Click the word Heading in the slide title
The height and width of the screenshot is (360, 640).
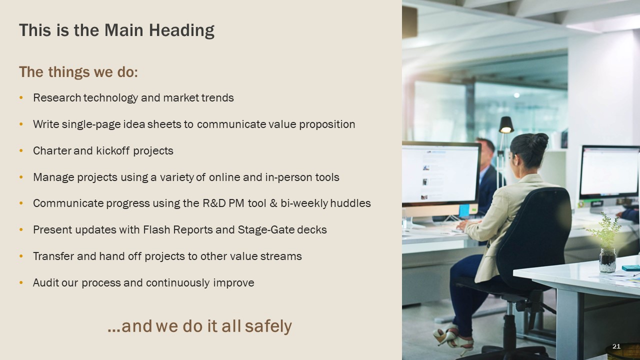click(181, 30)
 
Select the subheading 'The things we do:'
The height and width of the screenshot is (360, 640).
click(78, 72)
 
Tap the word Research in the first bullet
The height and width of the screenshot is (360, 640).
click(57, 97)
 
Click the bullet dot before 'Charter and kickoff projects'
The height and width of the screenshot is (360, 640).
click(21, 150)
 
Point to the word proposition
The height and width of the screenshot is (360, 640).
click(327, 124)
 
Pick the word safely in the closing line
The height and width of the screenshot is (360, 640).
click(268, 326)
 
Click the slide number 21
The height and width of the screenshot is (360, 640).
click(616, 346)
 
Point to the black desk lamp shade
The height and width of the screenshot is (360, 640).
click(506, 125)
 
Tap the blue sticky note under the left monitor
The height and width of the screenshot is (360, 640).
click(464, 210)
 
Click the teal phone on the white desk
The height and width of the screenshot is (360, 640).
click(631, 268)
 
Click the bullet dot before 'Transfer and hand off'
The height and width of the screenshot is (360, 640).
click(21, 256)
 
